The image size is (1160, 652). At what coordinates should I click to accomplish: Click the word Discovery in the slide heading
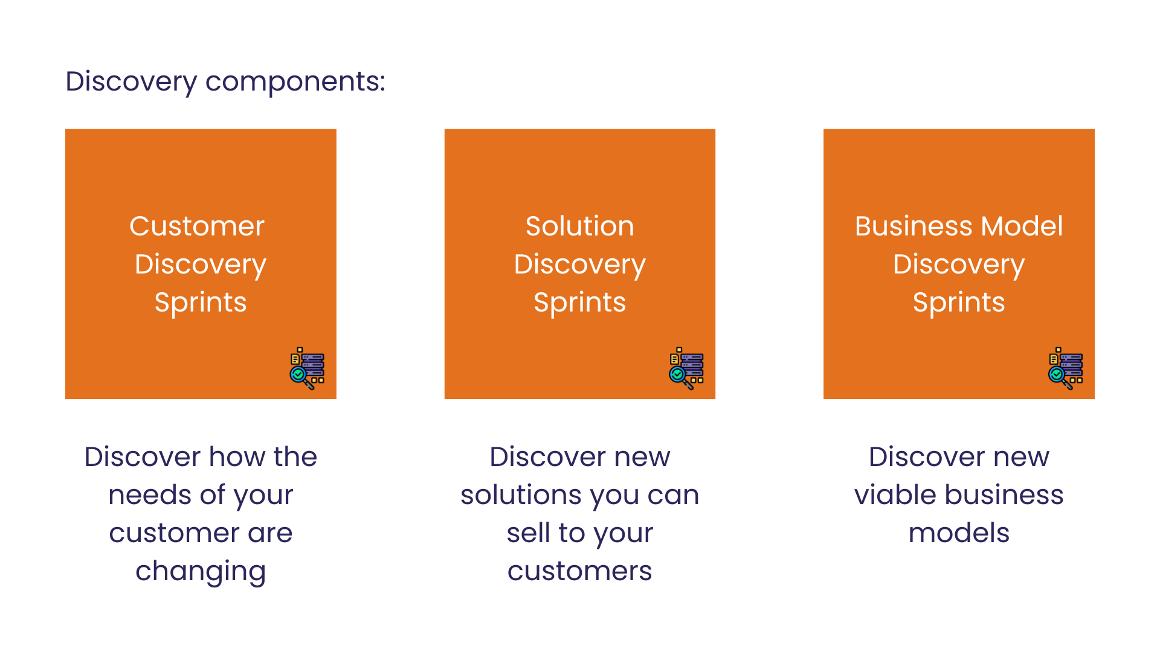tap(131, 82)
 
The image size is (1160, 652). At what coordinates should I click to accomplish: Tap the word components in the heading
tap(295, 82)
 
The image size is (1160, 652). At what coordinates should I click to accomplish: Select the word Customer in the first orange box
tap(197, 226)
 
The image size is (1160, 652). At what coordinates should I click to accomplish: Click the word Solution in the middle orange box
tap(580, 226)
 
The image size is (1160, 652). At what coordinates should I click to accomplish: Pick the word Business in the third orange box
tap(914, 226)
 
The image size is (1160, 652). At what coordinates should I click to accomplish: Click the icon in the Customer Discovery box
tap(307, 368)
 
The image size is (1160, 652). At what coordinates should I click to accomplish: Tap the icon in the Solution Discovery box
tap(686, 368)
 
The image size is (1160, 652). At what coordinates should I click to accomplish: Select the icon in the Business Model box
tap(1066, 368)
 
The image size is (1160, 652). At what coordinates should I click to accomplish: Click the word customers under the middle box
tap(580, 571)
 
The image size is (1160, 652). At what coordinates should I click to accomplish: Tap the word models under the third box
tap(959, 533)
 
